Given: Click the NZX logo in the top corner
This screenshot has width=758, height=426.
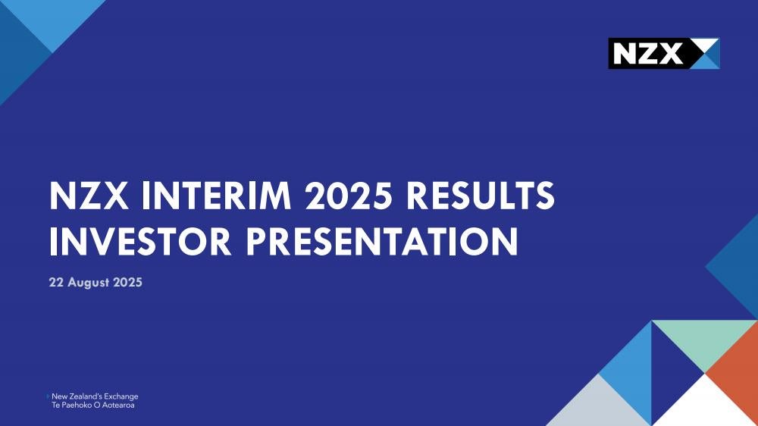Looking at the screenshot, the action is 664,53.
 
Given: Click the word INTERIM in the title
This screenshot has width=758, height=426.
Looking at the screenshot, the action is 217,196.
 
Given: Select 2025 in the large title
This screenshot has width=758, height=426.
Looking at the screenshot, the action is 348,196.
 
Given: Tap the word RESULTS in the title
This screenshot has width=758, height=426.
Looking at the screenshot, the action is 480,196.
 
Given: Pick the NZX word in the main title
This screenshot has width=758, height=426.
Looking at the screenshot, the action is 89,196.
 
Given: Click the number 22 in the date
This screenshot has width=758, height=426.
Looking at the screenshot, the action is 56,283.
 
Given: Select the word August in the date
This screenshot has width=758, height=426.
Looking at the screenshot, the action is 89,283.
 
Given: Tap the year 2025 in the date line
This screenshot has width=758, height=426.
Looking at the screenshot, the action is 127,283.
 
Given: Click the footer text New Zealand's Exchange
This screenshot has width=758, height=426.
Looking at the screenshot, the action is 95,396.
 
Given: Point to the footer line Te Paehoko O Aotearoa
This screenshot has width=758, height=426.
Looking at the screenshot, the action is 92,406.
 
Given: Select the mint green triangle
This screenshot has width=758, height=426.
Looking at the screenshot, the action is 705,339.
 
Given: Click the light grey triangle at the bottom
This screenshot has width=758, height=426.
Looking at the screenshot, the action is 599,406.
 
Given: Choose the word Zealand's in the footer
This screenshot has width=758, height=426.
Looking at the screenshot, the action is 85,396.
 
